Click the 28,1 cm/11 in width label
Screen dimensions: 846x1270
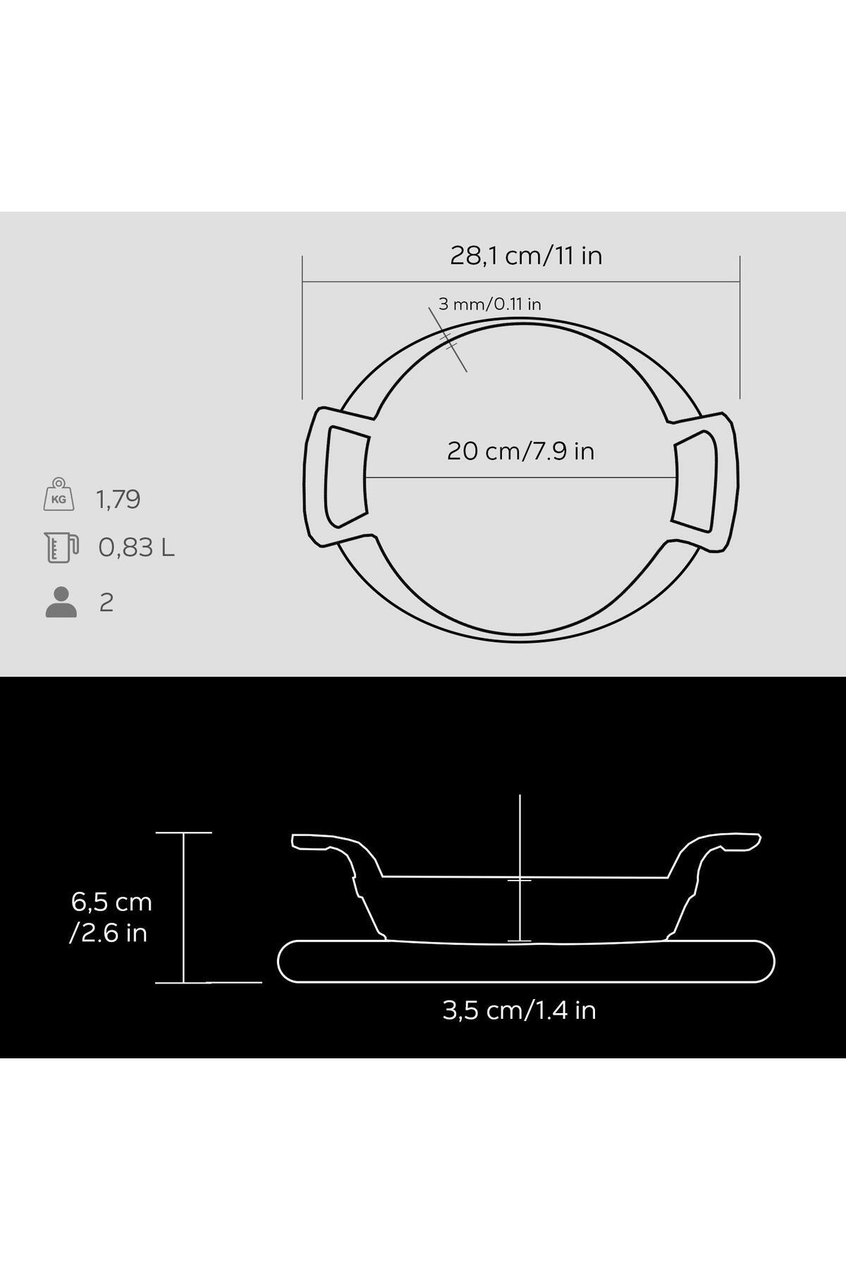coord(526,255)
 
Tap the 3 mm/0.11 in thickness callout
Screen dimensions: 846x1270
coord(490,304)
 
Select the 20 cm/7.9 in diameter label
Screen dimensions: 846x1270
coord(520,450)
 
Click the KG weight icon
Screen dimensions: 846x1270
coord(59,494)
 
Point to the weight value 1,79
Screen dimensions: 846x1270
coord(118,500)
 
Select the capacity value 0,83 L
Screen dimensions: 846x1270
coord(137,548)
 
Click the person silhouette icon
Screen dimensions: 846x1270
coord(61,602)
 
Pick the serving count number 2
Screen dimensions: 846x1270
coord(106,603)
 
